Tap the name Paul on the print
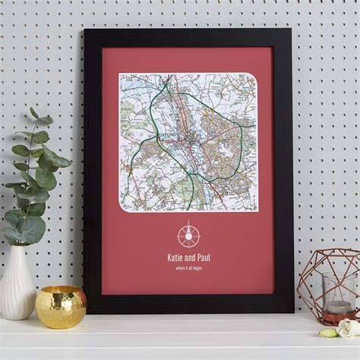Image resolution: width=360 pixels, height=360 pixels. pyautogui.click(x=203, y=257)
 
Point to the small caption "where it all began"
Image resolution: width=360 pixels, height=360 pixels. pyautogui.click(x=188, y=268)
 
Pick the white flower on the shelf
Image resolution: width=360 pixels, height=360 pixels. pyautogui.click(x=348, y=327)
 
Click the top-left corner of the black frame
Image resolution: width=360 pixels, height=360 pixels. pyautogui.click(x=85, y=30)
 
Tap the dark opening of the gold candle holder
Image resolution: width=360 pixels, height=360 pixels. pyautogui.click(x=60, y=292)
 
